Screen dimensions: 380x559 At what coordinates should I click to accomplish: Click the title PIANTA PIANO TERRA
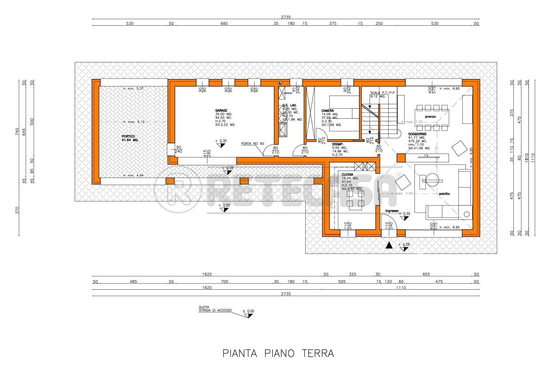click(x=278, y=353)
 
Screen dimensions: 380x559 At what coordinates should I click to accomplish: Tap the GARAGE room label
click(x=221, y=110)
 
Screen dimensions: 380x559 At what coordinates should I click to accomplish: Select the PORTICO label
click(x=129, y=137)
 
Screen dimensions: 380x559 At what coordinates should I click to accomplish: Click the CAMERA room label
click(x=328, y=111)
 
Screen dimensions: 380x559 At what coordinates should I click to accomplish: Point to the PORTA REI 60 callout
click(x=253, y=144)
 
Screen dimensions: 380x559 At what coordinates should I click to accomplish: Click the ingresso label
click(x=391, y=211)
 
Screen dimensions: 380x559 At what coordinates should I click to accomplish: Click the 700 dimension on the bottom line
click(x=224, y=281)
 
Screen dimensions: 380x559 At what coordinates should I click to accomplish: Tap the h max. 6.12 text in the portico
click(x=133, y=122)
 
